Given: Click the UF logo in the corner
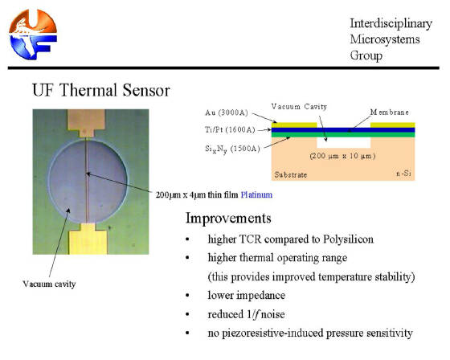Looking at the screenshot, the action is pos(33,35).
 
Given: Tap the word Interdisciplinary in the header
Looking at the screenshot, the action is pos(391,24).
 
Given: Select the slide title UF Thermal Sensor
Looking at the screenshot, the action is pos(101,90).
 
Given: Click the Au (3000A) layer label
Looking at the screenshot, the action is pos(227,112).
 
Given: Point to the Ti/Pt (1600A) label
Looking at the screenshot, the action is pos(230,129).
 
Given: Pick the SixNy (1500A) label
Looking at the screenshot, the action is pos(232,149).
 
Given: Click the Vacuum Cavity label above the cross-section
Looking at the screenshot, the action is pos(299,107).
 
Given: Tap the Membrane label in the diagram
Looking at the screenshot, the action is pos(390,112).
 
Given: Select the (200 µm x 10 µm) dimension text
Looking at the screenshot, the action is pos(342,156).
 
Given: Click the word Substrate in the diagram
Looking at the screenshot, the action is pos(291,174).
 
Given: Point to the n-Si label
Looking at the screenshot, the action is pos(403,174).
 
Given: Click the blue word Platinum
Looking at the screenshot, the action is pos(256,195).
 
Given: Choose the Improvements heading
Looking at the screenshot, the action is pos(228,219).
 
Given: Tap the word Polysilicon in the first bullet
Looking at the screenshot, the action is pos(349,239).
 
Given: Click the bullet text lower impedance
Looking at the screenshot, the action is pos(247,296).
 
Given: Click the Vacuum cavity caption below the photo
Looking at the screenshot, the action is pos(49,284).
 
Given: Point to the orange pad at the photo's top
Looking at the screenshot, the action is pos(86,123).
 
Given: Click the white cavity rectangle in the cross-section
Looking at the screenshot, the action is pos(344,143).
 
